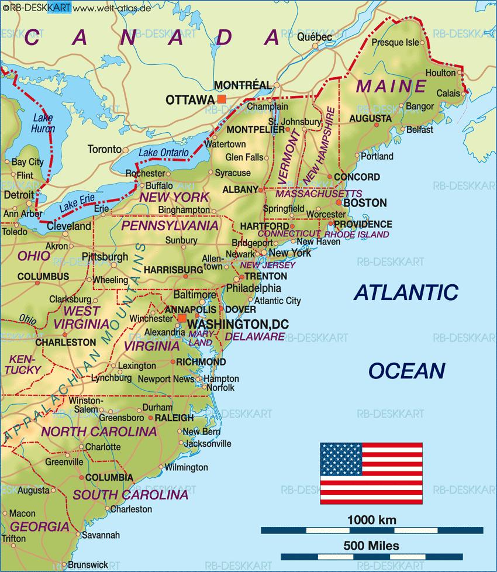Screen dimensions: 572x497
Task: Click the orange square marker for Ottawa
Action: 221,99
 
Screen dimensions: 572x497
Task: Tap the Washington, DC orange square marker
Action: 182,318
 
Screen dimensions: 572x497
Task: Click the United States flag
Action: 371,474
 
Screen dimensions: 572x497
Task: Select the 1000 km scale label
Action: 371,519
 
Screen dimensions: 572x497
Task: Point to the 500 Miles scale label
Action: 372,546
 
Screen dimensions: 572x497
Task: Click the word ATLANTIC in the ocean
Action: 406,292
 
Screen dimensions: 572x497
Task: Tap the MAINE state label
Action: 391,87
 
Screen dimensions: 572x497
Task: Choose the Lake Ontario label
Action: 164,153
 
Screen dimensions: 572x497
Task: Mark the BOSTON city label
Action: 364,203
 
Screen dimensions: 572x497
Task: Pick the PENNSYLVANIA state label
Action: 170,225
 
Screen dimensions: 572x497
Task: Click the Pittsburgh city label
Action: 105,257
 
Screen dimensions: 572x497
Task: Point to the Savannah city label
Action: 101,535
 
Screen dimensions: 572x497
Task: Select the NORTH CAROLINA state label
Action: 99,432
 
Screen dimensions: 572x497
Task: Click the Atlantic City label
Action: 278,301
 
